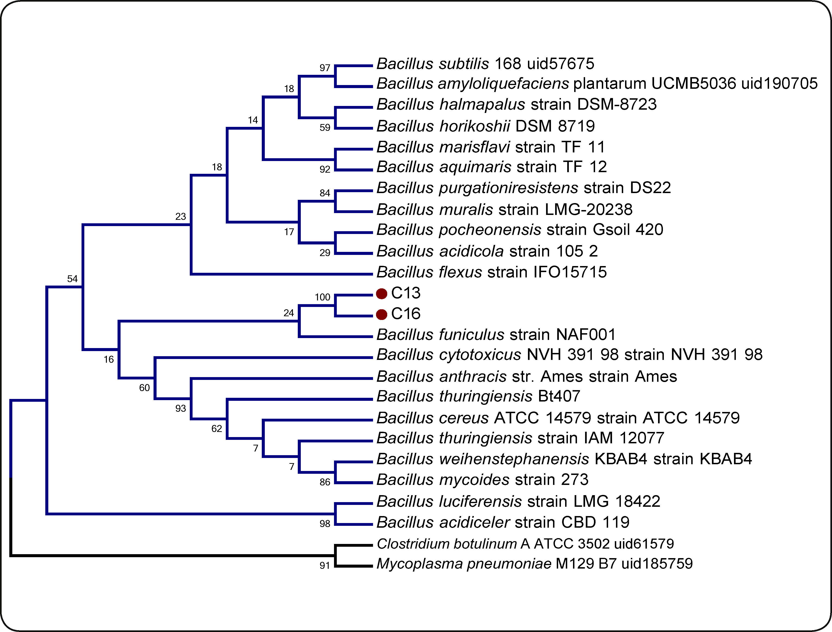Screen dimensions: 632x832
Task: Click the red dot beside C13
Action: coord(381,294)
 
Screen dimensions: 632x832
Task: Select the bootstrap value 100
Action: coord(322,297)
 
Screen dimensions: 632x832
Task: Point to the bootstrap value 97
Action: coord(324,68)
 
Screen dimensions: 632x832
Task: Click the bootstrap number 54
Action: coord(72,279)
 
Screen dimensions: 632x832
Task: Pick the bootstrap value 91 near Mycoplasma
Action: coord(324,565)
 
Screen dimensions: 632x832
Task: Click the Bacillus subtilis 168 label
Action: coord(485,64)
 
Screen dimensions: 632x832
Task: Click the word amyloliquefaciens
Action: coord(504,83)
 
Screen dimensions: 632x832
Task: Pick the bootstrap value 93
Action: coord(180,408)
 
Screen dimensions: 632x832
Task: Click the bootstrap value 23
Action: coord(180,216)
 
